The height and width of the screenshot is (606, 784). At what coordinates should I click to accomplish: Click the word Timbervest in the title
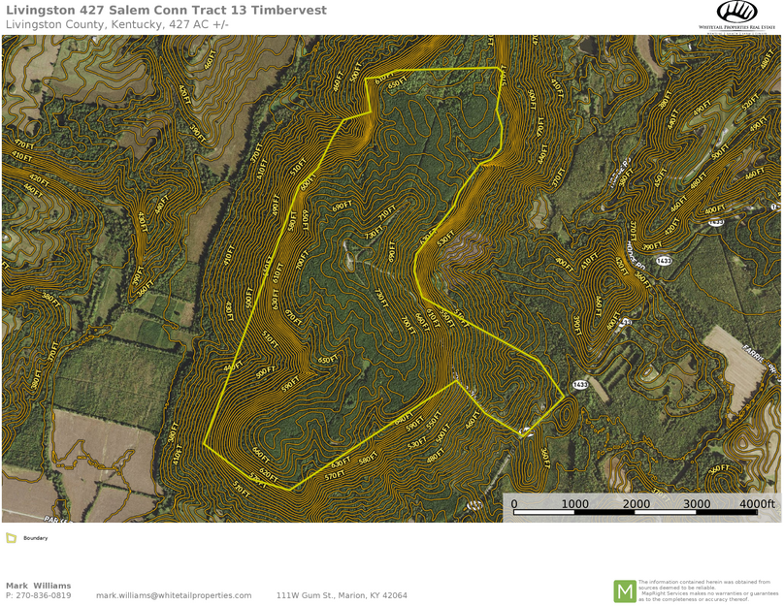288,10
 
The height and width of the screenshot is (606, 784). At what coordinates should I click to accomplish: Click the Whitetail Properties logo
736,15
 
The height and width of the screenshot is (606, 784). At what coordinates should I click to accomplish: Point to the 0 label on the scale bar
514,504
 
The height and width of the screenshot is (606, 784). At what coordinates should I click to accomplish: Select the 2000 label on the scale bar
637,504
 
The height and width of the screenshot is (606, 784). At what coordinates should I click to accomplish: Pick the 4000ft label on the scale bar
757,504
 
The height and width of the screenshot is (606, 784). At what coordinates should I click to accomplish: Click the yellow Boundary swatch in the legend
11,538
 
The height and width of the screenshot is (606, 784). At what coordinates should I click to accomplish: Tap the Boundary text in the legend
36,538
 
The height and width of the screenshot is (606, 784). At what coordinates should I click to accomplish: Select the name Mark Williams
38,586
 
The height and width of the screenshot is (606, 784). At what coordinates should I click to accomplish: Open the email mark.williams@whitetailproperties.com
174,595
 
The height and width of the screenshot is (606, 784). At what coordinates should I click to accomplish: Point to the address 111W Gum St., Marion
342,595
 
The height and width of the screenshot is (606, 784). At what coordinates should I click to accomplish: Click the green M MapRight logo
624,590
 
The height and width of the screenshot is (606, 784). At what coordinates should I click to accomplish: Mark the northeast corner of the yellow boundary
501,68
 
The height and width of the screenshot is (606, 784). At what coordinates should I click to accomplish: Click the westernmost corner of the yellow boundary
204,445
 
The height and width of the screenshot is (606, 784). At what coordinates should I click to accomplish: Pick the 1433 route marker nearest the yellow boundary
579,385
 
